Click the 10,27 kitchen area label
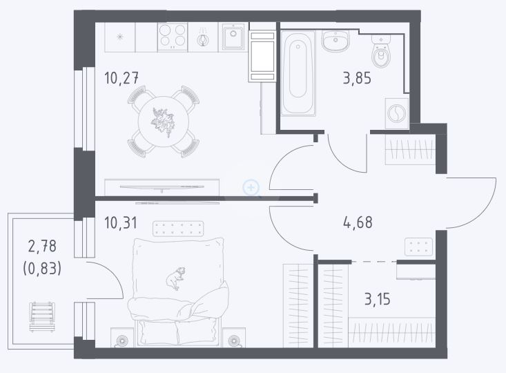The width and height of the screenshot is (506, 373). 121,78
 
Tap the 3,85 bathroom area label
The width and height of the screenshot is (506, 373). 357,79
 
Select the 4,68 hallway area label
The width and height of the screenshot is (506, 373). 358,222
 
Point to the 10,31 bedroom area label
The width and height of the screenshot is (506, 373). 121,223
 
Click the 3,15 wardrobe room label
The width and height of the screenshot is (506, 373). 377,299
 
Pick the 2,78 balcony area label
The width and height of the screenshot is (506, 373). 42,246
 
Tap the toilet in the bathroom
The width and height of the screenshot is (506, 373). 381,52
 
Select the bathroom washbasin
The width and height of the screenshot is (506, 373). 335,41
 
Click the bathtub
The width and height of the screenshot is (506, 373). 298,73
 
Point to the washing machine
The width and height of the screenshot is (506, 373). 397,114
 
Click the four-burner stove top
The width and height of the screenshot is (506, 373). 173,37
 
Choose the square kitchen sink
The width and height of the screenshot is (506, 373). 233,37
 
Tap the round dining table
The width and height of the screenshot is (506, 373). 164,122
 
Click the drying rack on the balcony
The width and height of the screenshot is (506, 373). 42,317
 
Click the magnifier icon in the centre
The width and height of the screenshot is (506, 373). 251,188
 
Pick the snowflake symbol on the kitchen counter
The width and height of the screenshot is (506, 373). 120,37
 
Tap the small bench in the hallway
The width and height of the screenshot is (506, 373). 418,247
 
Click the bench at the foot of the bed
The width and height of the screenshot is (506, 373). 178,229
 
